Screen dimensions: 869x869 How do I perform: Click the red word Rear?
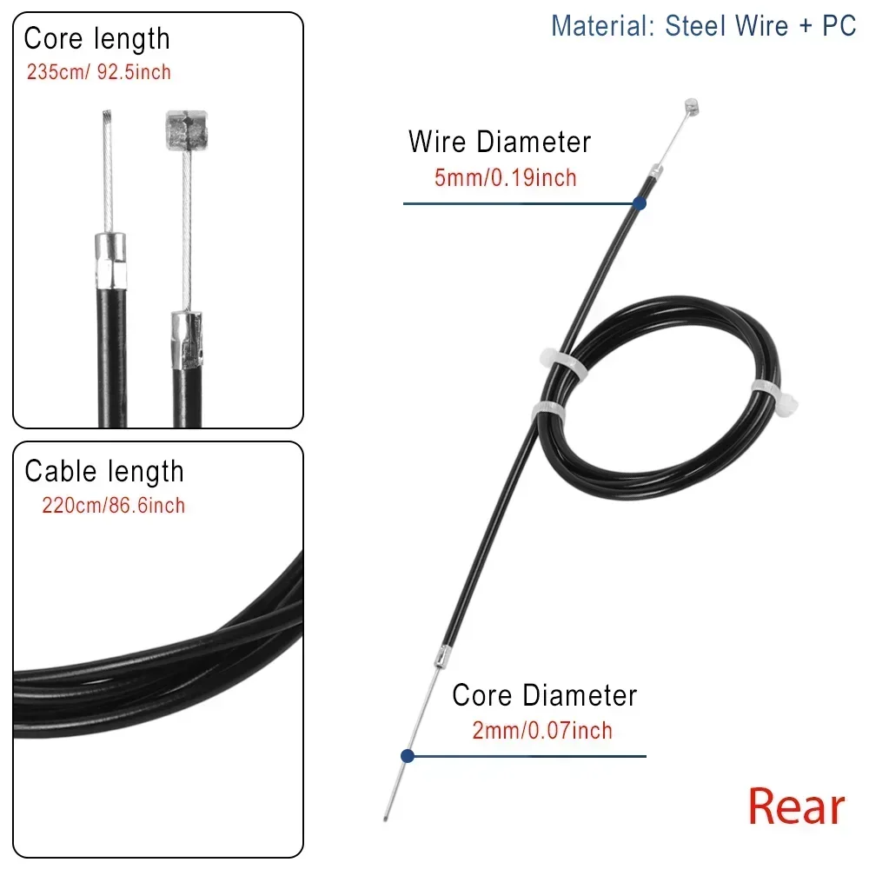796,806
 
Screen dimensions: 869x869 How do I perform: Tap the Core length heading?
96,40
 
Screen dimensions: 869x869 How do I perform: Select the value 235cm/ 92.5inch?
99,72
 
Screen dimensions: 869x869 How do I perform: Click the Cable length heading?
104,472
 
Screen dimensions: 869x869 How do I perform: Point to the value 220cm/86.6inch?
113,506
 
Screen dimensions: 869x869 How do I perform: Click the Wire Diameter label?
500,142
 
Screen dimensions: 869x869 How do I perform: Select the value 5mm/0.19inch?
506,178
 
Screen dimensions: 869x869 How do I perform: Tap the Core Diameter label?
545,695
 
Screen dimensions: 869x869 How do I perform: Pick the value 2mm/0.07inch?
542,731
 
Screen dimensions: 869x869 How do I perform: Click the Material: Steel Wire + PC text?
703,26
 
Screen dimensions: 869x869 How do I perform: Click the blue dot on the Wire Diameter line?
639,203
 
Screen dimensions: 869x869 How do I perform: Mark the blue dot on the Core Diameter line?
408,755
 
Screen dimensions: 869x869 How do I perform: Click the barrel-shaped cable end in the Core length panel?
187,130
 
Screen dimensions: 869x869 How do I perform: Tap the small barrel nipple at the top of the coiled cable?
691,106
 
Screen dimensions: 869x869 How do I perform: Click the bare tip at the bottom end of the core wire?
386,816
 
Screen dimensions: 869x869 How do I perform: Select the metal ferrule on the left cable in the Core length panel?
110,261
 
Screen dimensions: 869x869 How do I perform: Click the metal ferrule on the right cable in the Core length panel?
186,341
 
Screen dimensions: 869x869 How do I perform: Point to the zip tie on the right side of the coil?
774,398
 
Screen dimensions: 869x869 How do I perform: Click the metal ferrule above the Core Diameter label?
441,657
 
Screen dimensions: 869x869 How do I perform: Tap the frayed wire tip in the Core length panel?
107,119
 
